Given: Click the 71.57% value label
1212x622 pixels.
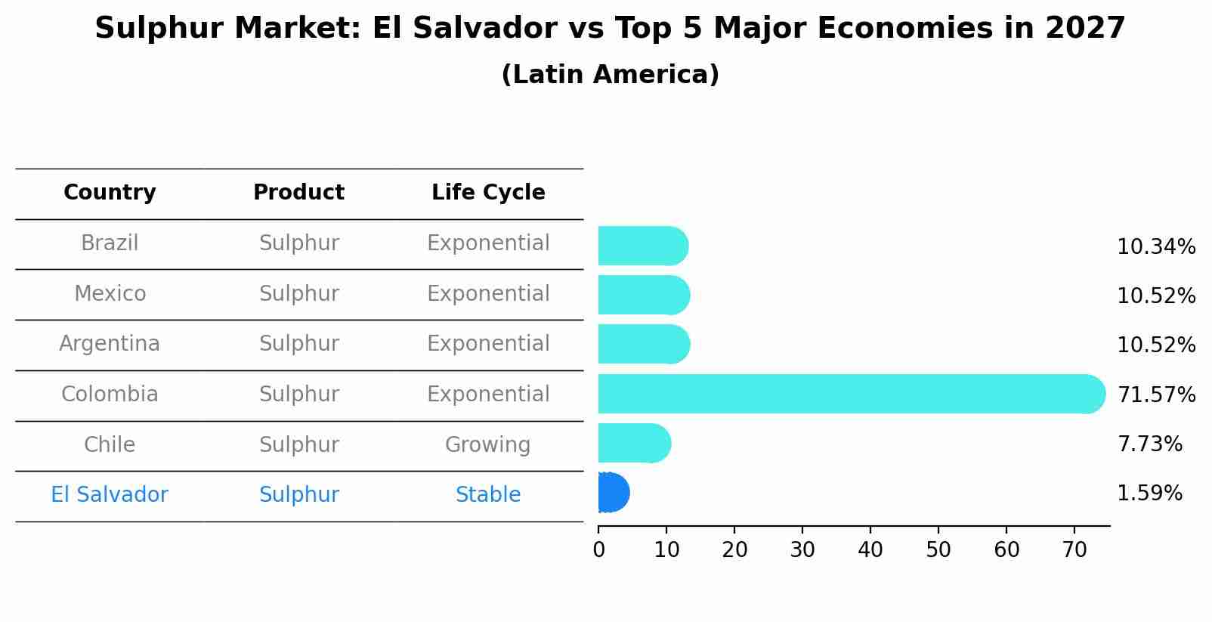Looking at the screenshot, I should pyautogui.click(x=1156, y=395).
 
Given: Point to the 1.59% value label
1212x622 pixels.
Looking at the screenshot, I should pyautogui.click(x=1149, y=494).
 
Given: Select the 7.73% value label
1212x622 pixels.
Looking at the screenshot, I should pyautogui.click(x=1149, y=444).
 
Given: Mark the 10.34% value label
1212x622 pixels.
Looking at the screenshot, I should pyautogui.click(x=1156, y=247).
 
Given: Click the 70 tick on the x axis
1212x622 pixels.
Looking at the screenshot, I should pyautogui.click(x=1074, y=550).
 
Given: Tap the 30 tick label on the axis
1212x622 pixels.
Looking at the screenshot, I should pyautogui.click(x=802, y=550).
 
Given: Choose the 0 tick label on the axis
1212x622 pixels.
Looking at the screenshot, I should pyautogui.click(x=598, y=550).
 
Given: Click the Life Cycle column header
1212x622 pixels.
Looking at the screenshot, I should pyautogui.click(x=488, y=193).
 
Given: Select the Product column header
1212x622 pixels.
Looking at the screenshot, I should pyautogui.click(x=298, y=193).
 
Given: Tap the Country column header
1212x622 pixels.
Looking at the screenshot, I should pyautogui.click(x=110, y=193).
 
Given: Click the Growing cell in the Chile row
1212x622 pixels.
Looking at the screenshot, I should pyautogui.click(x=488, y=444).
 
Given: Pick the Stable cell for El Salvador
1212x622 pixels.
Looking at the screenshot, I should pyautogui.click(x=488, y=495).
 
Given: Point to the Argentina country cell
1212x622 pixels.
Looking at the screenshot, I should pyautogui.click(x=110, y=344).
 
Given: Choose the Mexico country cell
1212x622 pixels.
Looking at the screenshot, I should pyautogui.click(x=110, y=293).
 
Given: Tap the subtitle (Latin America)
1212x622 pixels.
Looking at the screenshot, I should pyautogui.click(x=610, y=75).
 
